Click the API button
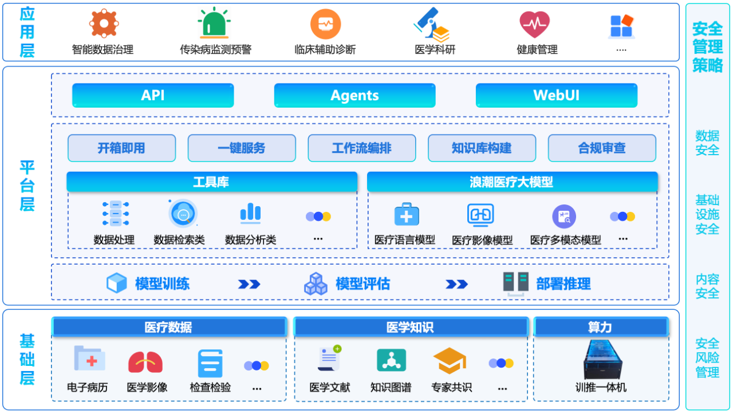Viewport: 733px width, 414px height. (x=153, y=96)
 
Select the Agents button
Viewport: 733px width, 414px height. (x=354, y=96)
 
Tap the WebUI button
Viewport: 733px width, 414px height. (x=556, y=96)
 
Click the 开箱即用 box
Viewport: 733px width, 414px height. (x=121, y=148)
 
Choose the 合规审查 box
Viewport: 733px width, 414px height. (x=601, y=148)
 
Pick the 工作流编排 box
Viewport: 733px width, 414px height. (x=361, y=148)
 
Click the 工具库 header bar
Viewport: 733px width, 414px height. (x=211, y=182)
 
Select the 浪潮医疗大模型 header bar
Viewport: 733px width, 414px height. (x=511, y=182)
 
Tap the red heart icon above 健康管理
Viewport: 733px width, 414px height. (x=534, y=25)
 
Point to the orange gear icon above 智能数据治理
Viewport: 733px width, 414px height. (x=104, y=24)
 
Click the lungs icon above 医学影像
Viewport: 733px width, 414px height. (x=145, y=362)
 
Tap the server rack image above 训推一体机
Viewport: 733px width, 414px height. (x=601, y=360)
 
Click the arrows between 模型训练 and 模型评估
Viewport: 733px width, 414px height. (x=249, y=284)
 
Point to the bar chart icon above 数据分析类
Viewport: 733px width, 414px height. (x=250, y=214)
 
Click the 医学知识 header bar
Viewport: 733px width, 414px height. (x=410, y=327)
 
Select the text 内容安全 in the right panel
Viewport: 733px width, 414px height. (x=707, y=286)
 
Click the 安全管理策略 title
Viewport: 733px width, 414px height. (x=707, y=47)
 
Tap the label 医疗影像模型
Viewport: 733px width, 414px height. (x=482, y=240)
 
